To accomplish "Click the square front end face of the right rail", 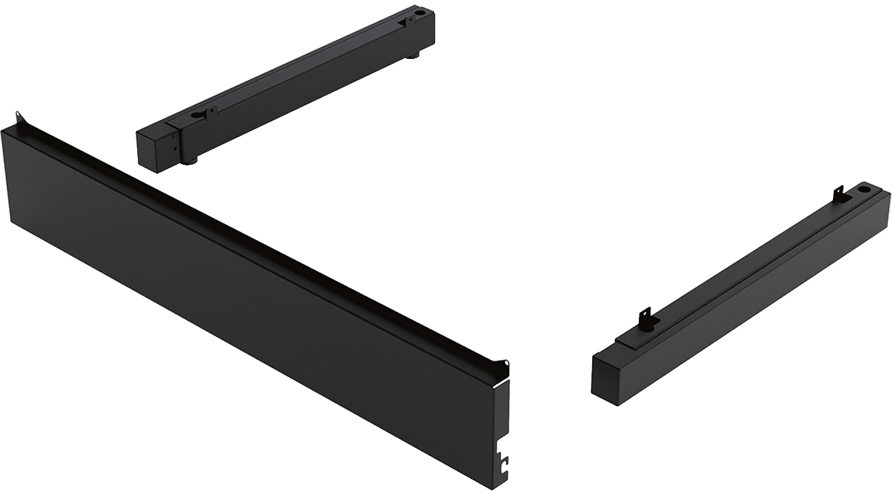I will pyautogui.click(x=607, y=376).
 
